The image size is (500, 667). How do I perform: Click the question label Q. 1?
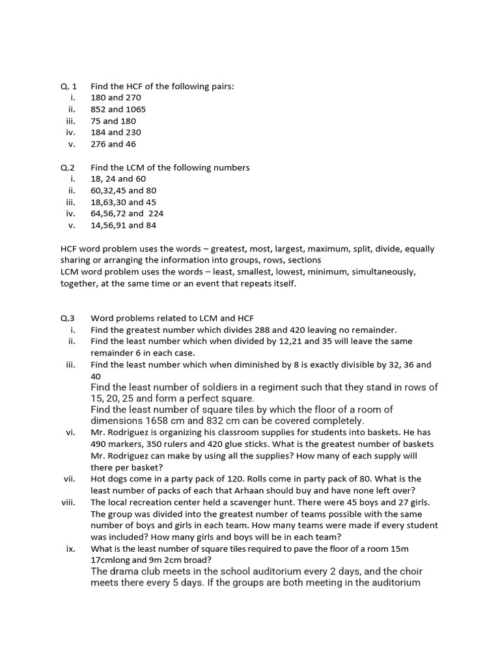tap(68, 86)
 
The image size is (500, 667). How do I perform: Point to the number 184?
tap(98, 132)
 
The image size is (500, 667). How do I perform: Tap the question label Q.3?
tap(68, 319)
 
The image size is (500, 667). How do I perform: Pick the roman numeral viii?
tap(69, 502)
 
